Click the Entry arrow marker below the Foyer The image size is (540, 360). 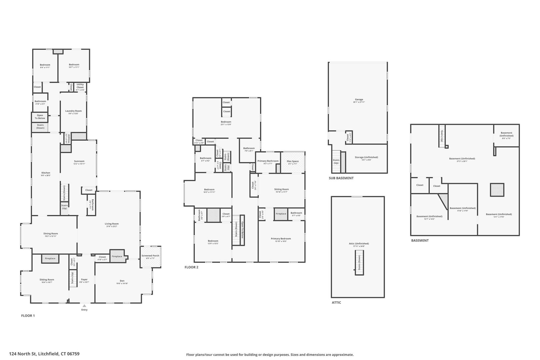[84, 305]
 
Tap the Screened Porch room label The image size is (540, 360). [150, 256]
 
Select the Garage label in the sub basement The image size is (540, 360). [359, 99]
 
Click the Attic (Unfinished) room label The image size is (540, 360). [359, 243]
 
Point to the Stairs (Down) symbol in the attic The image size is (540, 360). [359, 263]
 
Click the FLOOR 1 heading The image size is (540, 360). [28, 315]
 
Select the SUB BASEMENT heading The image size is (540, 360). [341, 178]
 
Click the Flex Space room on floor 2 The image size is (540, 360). [293, 161]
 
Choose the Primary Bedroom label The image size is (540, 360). [281, 239]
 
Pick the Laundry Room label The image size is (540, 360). [73, 111]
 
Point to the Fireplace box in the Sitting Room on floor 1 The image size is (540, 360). [50, 258]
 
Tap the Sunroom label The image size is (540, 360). [79, 161]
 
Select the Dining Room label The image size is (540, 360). [51, 234]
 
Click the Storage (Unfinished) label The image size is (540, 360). [366, 157]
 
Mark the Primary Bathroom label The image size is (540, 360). [268, 161]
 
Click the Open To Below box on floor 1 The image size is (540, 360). [40, 117]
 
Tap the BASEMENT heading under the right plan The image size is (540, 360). [420, 240]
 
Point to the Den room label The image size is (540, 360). [122, 281]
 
